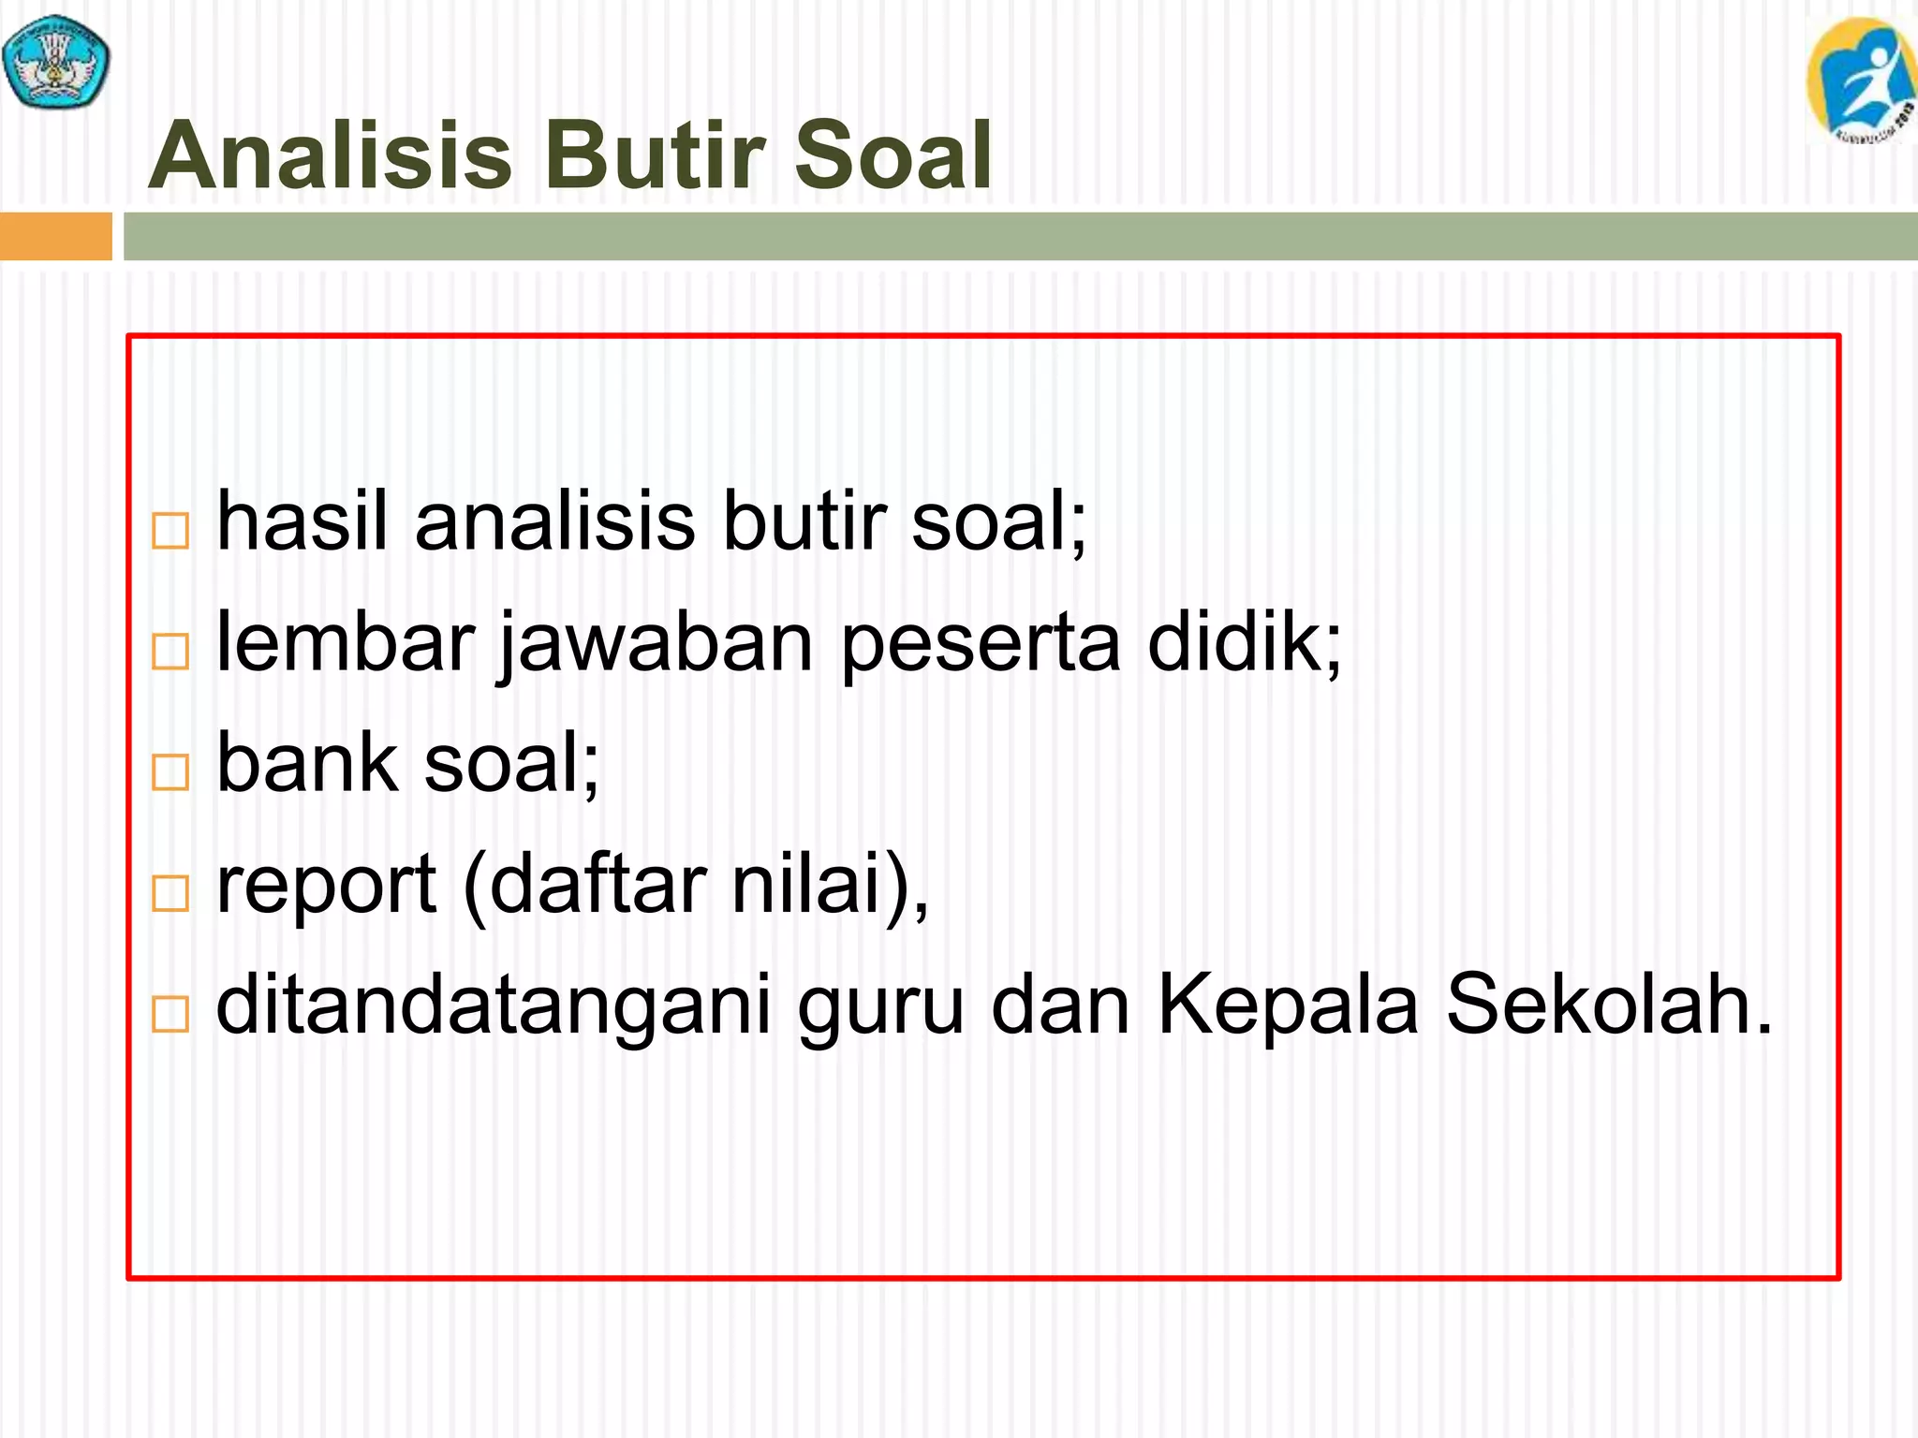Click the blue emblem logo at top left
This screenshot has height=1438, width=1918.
point(56,62)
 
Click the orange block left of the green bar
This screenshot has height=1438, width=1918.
point(55,236)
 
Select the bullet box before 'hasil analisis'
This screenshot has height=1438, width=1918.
point(170,531)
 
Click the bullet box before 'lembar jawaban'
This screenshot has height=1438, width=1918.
point(170,652)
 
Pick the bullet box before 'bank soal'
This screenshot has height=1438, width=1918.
point(170,772)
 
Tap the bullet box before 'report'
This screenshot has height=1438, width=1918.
point(170,893)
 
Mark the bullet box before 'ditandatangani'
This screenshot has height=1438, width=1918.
point(170,1014)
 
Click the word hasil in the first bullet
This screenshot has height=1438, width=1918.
point(302,521)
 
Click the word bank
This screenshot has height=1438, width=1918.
point(307,762)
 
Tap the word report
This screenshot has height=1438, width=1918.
point(326,886)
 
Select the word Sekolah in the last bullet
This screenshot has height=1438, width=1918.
point(1609,1004)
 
